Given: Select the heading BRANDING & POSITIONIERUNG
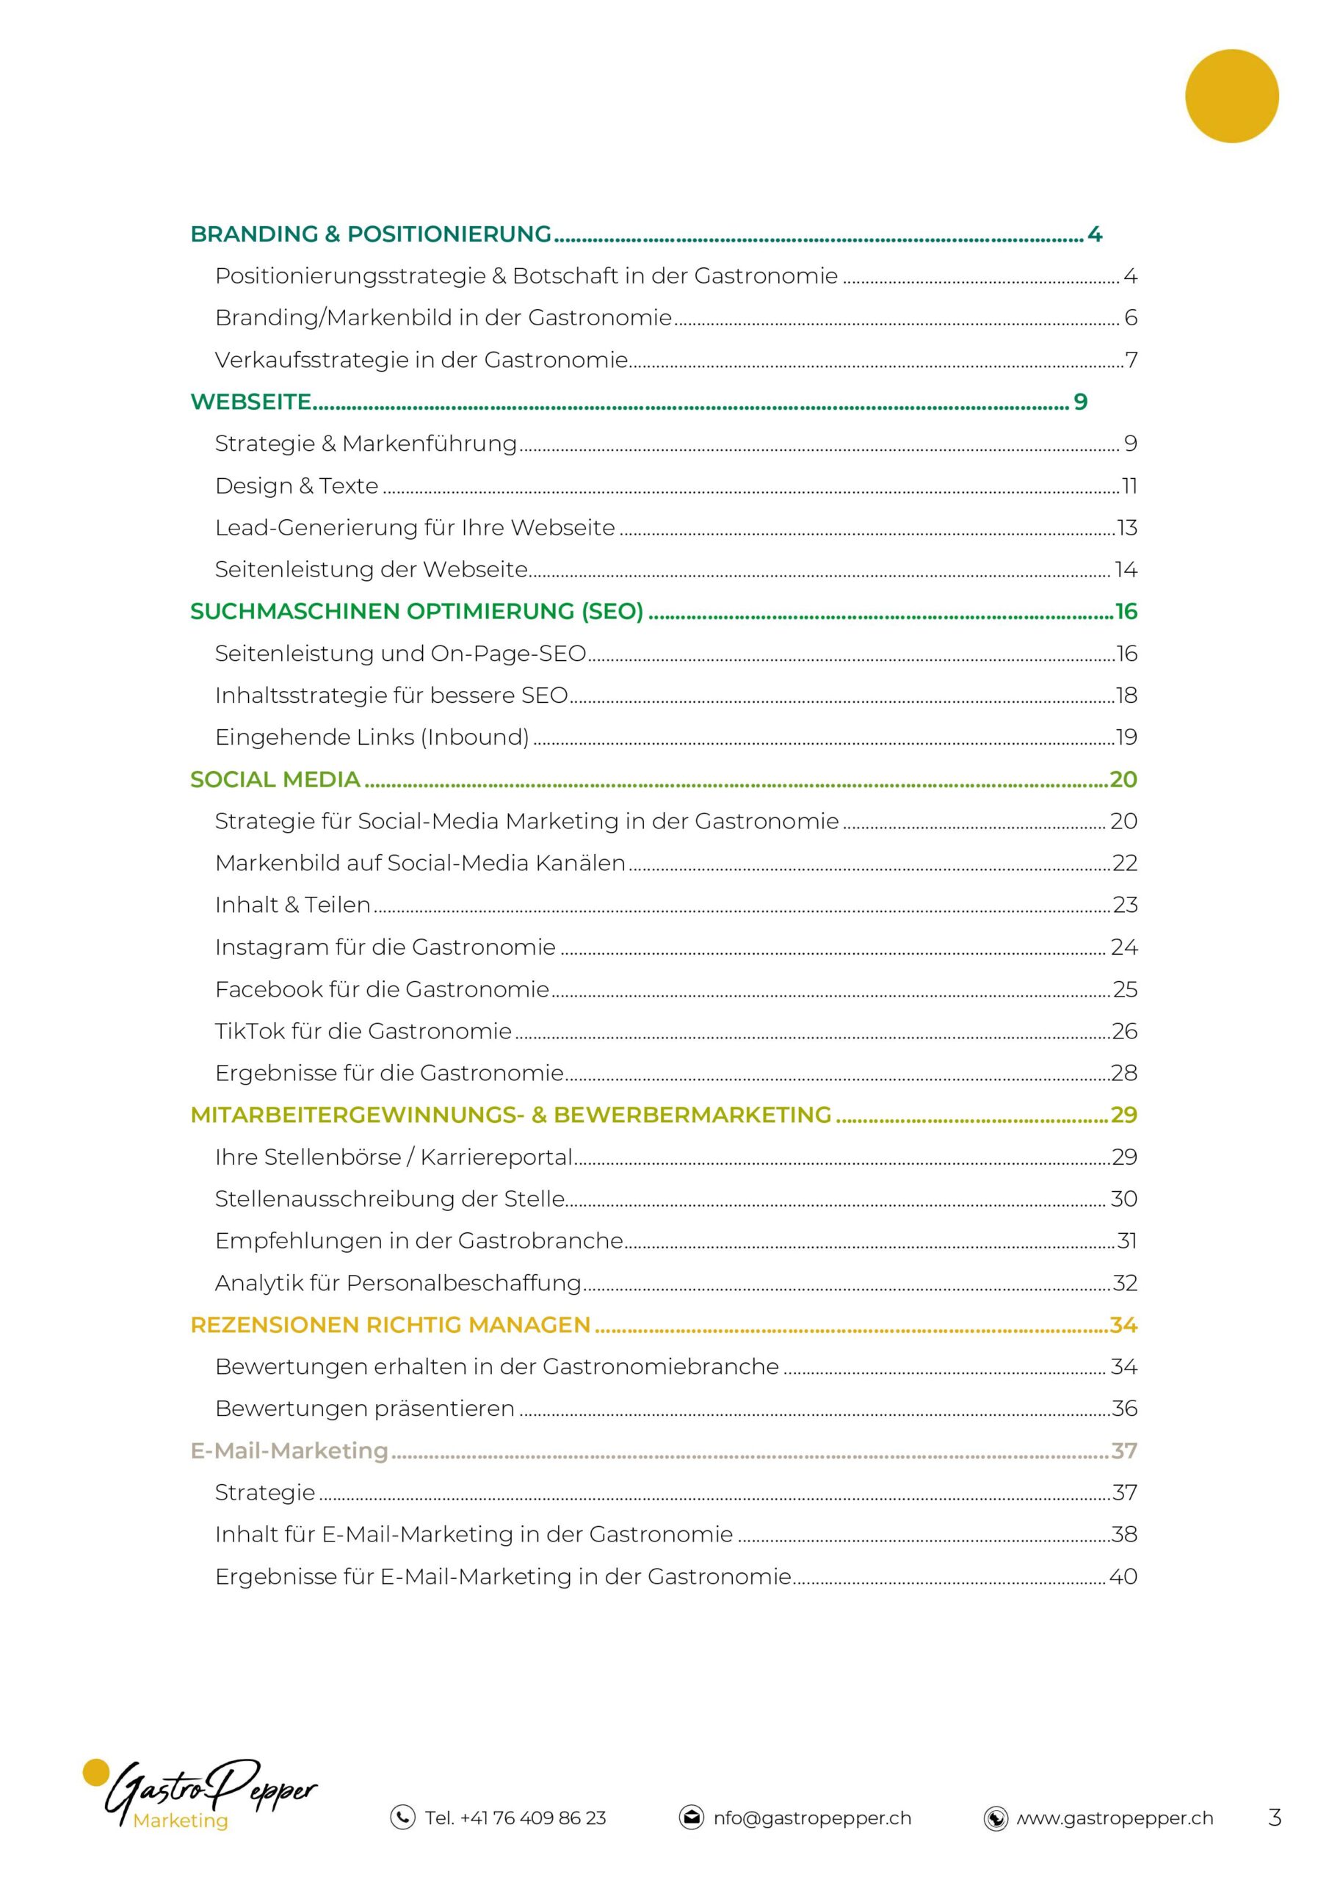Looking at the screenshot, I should tap(370, 234).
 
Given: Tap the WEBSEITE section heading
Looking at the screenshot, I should tap(250, 401).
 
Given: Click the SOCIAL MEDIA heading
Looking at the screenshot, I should tap(275, 778).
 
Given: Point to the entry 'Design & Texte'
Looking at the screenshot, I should tap(297, 485).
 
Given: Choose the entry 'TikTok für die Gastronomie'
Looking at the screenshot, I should tap(363, 1031).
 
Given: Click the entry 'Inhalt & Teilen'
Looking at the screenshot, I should tap(292, 905).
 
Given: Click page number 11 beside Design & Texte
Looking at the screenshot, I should tap(1129, 485).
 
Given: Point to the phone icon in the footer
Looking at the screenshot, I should tap(402, 1818).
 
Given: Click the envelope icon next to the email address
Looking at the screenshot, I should tap(691, 1818).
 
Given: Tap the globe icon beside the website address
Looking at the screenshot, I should tap(995, 1818).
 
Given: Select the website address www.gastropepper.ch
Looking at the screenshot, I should tap(1115, 1818).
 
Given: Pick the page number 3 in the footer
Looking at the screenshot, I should tap(1274, 1818).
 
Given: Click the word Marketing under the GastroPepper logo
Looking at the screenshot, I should tap(180, 1821).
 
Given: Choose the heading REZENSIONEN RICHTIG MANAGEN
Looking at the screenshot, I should tap(390, 1325).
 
